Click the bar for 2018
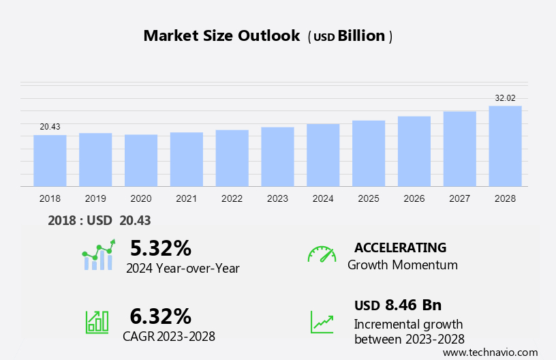[50, 161]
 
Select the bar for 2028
[505, 146]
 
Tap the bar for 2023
[277, 157]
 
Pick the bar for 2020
[141, 160]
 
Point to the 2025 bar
[369, 153]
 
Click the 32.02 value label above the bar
[505, 98]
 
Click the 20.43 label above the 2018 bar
[50, 127]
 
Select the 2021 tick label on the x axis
[186, 198]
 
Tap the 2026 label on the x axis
[414, 198]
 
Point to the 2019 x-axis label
[95, 198]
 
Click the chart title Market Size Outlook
[221, 36]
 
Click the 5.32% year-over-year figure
[161, 247]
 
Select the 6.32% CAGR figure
[161, 316]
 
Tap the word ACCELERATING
[400, 247]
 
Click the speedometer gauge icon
[322, 254]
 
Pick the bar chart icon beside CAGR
[97, 322]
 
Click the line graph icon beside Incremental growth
[322, 322]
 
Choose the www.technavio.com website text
[490, 352]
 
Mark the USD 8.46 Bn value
[398, 305]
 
